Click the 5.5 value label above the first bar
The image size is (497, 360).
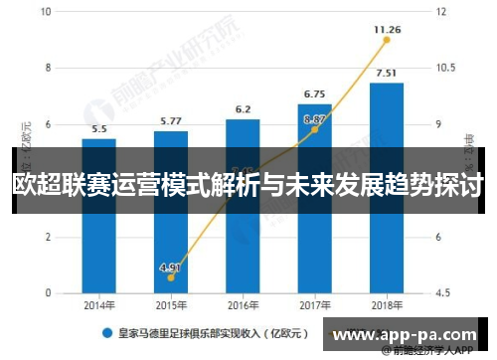tap(99, 129)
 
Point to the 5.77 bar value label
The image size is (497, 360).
tap(171, 122)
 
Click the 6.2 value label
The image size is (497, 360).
tap(243, 109)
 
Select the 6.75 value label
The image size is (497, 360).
tap(315, 94)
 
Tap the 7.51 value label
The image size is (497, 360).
tap(387, 73)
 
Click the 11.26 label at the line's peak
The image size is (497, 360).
tap(387, 30)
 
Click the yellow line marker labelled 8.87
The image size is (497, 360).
tap(315, 129)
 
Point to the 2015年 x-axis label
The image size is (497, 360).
tap(171, 306)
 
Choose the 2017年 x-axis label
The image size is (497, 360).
tap(315, 306)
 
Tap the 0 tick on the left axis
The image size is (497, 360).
tap(49, 293)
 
